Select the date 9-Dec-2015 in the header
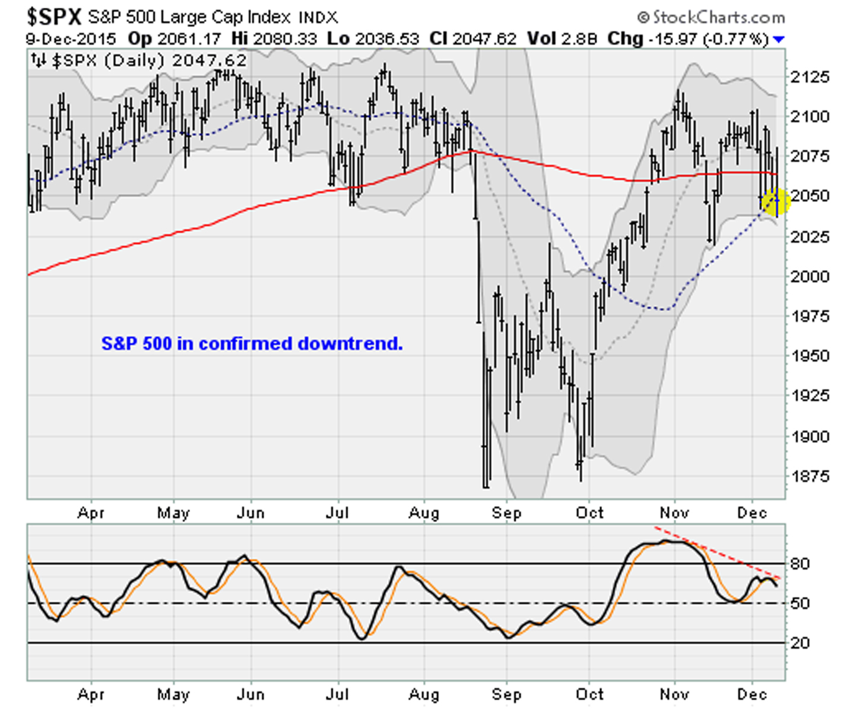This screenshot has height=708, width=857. point(71,39)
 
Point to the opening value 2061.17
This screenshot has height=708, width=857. point(189,39)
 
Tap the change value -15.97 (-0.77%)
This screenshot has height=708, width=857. point(709,39)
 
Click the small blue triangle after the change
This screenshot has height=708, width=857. point(779,40)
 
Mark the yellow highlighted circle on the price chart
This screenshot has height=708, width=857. point(776,202)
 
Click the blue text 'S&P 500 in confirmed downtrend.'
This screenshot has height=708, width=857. point(252,343)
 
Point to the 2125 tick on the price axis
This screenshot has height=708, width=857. point(810,77)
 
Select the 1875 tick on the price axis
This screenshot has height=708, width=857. point(810,476)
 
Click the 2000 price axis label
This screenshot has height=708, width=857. point(810,276)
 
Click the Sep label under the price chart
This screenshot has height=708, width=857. point(506,513)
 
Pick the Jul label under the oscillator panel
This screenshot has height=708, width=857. point(337,694)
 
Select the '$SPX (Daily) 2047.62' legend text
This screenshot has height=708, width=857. point(148,61)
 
